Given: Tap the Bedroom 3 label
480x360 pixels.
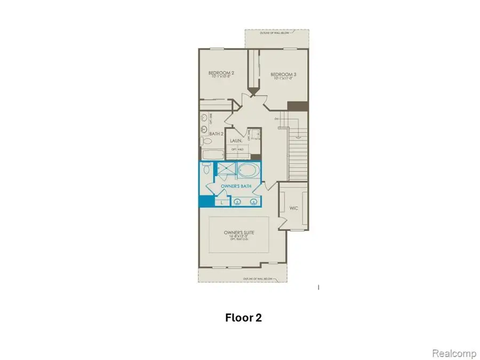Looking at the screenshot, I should tap(283, 74).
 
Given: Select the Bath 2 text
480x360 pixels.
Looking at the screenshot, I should tap(215, 134).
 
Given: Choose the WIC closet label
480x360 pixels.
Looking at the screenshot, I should tap(293, 207).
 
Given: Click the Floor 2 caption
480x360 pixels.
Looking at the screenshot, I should tap(243, 318).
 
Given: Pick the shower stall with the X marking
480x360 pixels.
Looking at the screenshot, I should tap(225, 171).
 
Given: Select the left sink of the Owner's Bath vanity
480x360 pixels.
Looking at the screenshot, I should tap(237, 202).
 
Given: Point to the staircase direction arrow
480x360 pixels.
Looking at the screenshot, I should tap(278, 118).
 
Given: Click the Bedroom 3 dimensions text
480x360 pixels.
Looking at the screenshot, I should tap(283, 79).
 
